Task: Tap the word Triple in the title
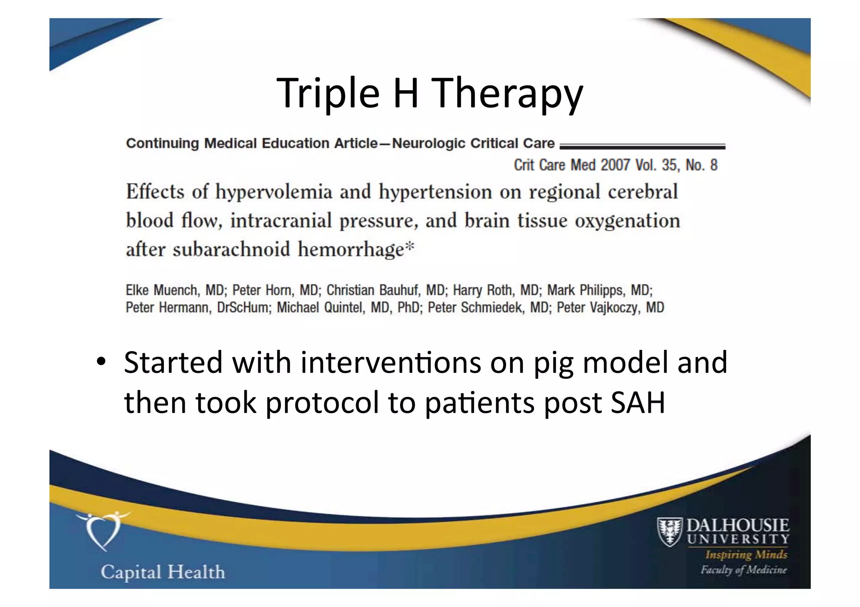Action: pos(328,93)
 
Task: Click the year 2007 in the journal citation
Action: pos(615,165)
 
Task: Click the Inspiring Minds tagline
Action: pos(746,555)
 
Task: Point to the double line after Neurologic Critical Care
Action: pos(642,146)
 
